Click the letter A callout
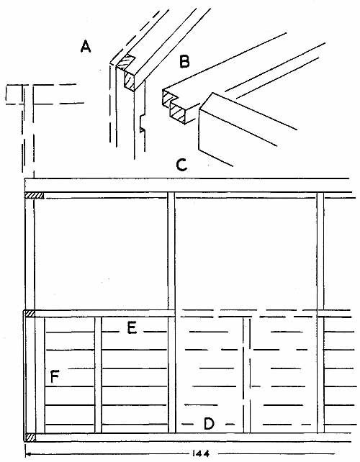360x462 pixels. [86, 47]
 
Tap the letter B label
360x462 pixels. [184, 62]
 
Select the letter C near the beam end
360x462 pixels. [181, 165]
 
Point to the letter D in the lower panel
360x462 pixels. [209, 424]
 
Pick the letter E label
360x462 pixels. [132, 328]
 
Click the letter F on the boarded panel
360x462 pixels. [55, 376]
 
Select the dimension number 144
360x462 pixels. [200, 453]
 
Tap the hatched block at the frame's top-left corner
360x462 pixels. [35, 195]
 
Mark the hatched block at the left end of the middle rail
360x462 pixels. [30, 314]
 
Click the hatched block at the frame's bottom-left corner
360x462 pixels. [30, 438]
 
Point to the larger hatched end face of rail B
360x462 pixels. [178, 114]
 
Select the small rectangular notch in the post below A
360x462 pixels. [142, 124]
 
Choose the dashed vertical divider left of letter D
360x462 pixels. [246, 375]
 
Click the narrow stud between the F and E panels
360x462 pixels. [98, 375]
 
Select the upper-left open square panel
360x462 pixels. [101, 254]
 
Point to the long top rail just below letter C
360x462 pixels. [189, 185]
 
